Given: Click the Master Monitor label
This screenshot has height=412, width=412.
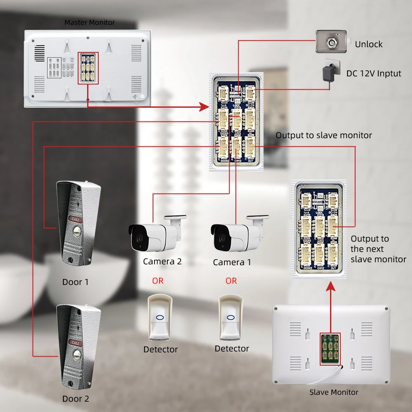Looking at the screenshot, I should pos(90,22).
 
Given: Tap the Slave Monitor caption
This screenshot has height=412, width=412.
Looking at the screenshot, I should pos(334,392).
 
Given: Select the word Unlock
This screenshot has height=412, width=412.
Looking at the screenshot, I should pos(369,44).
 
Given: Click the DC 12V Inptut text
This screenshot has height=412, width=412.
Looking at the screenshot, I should pos(374,73).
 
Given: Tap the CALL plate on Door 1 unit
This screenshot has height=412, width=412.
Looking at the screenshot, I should pos(76,219).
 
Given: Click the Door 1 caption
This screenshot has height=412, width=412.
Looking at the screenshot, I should pos(76,282).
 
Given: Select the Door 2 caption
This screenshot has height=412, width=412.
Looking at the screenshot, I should pos(76,399).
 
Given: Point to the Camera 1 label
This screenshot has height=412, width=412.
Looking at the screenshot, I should pos(232,262).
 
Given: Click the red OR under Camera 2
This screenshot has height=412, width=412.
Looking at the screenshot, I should pos(158,281).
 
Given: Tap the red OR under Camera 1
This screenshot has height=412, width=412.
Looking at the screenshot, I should pos(231,281).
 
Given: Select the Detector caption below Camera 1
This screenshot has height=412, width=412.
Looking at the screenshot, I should pos(232,349).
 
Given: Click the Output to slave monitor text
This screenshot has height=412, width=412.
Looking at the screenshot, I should pos(324,135).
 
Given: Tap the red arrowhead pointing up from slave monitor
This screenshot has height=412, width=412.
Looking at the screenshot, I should pos(330,291).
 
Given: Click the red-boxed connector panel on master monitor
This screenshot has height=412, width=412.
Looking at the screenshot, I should pos(88,68).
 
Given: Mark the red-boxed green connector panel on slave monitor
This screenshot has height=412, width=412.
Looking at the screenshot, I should pos(330,349).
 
